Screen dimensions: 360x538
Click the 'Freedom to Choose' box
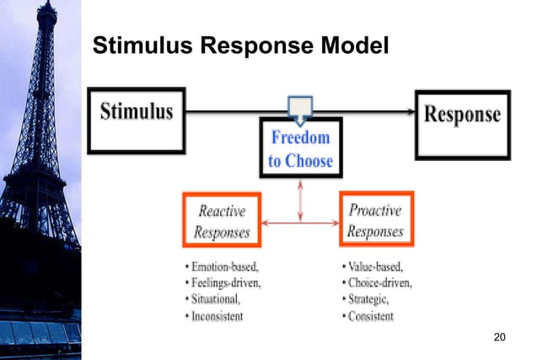click(x=300, y=147)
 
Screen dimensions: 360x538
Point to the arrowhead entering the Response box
click(x=413, y=111)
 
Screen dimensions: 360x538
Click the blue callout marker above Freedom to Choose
click(x=300, y=108)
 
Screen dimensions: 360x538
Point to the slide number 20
click(x=499, y=338)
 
